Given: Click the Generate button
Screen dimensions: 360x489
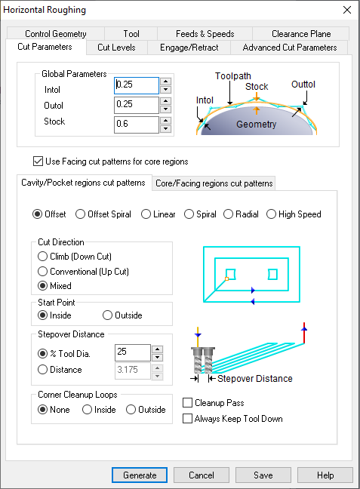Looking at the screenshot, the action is [x=140, y=475].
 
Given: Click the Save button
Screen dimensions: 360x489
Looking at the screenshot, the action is [x=263, y=475].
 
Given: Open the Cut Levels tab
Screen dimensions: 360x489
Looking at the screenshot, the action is [x=116, y=48].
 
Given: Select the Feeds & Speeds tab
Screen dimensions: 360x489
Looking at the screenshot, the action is [x=205, y=34].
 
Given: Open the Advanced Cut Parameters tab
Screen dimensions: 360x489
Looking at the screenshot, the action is [x=290, y=48].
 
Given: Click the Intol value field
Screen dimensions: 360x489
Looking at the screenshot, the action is [x=137, y=85].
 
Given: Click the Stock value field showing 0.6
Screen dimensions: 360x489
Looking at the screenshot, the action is [x=137, y=125].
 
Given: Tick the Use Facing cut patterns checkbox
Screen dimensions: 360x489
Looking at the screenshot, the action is [x=38, y=161].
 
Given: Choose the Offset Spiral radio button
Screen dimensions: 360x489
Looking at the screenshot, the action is [x=80, y=214].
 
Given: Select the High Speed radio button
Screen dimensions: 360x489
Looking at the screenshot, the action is [x=271, y=214].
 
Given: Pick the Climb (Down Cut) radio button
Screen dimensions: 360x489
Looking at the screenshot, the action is [x=42, y=257].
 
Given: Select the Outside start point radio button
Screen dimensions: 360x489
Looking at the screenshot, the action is [x=107, y=315].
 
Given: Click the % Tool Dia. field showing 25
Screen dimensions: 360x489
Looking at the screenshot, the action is [x=133, y=352].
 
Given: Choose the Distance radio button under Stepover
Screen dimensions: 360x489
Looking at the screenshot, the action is [x=42, y=370].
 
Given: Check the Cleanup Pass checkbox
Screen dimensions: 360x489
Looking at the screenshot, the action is [x=187, y=403].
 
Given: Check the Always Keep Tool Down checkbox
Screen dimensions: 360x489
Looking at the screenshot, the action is [x=187, y=419].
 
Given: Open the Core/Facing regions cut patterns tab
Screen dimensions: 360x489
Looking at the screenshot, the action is [x=214, y=183].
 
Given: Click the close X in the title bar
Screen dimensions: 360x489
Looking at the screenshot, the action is [x=347, y=10].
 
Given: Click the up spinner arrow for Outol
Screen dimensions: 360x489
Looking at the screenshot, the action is [x=165, y=101].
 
